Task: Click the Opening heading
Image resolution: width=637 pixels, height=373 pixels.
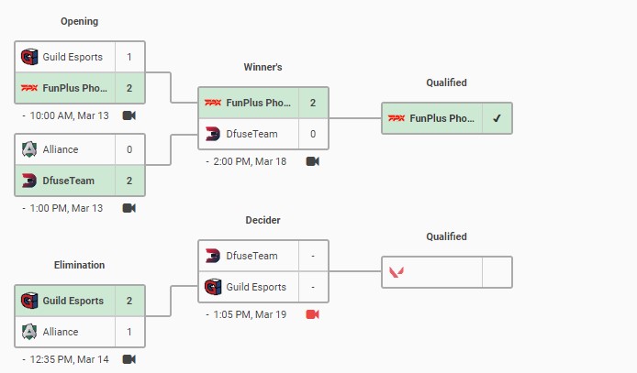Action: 79,21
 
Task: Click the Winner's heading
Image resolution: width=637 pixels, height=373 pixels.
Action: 263,67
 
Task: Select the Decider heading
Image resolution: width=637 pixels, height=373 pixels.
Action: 263,220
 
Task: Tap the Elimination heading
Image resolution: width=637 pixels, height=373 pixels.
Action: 79,265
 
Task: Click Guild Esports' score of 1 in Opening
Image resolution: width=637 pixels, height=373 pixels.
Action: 129,57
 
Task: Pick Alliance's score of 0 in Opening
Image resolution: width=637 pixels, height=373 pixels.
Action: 129,149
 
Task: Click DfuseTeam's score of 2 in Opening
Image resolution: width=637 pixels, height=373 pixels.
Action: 129,181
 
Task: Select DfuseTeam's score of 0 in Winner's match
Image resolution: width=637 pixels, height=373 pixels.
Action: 313,134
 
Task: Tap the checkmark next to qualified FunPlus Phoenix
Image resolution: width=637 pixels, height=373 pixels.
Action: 497,118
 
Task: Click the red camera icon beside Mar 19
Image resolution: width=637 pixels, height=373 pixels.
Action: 312,314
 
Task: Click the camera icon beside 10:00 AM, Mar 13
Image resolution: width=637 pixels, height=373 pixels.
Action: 129,115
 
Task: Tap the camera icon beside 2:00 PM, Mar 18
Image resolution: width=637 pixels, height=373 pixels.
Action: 312,161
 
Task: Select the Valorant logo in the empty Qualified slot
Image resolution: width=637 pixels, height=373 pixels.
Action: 397,272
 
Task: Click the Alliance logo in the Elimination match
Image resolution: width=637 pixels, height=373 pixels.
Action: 29,332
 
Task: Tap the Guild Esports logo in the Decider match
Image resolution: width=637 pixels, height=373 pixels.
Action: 213,287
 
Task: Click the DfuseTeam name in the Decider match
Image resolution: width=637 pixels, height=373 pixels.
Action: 251,256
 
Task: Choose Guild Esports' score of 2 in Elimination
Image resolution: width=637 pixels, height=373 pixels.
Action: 129,301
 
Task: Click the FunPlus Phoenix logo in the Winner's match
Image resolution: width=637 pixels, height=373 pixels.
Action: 213,103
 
